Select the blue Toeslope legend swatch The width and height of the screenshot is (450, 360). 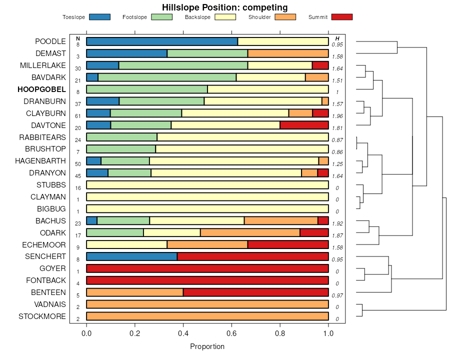[x=99, y=17]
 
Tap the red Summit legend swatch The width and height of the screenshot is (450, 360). [x=342, y=17]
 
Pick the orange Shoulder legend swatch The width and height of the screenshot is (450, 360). [x=285, y=17]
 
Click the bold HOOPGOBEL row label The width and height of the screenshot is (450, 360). [x=41, y=89]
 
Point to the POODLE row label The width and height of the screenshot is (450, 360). [x=50, y=41]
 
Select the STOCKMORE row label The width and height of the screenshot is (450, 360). [x=42, y=316]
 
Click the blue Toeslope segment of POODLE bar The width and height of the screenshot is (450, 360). [x=162, y=41]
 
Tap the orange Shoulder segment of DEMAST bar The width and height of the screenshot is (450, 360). [x=288, y=53]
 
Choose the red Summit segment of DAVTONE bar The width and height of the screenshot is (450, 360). [x=304, y=125]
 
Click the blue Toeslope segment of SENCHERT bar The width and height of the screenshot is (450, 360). [x=132, y=256]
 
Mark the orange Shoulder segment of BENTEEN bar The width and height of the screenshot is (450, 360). [x=135, y=292]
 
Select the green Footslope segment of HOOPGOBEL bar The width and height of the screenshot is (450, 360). [x=147, y=89]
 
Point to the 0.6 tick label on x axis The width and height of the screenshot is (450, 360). [x=231, y=333]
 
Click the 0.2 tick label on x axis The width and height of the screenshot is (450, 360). [x=135, y=333]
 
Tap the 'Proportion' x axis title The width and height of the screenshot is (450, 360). [x=207, y=346]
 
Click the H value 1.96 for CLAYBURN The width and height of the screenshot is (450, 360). [x=337, y=116]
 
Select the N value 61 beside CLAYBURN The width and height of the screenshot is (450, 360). [x=78, y=116]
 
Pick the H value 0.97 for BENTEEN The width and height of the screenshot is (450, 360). [x=337, y=296]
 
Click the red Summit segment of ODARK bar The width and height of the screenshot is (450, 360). [x=314, y=232]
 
